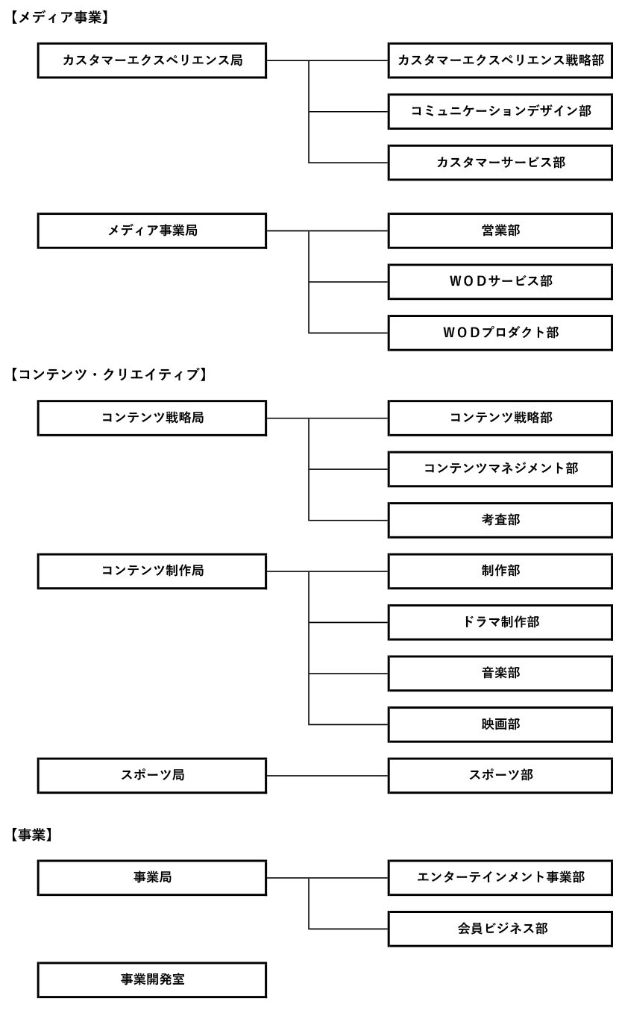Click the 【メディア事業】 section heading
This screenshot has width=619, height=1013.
tap(60, 17)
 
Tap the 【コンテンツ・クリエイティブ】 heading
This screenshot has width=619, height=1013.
tap(109, 374)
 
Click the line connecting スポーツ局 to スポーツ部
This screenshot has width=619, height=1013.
tap(327, 776)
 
